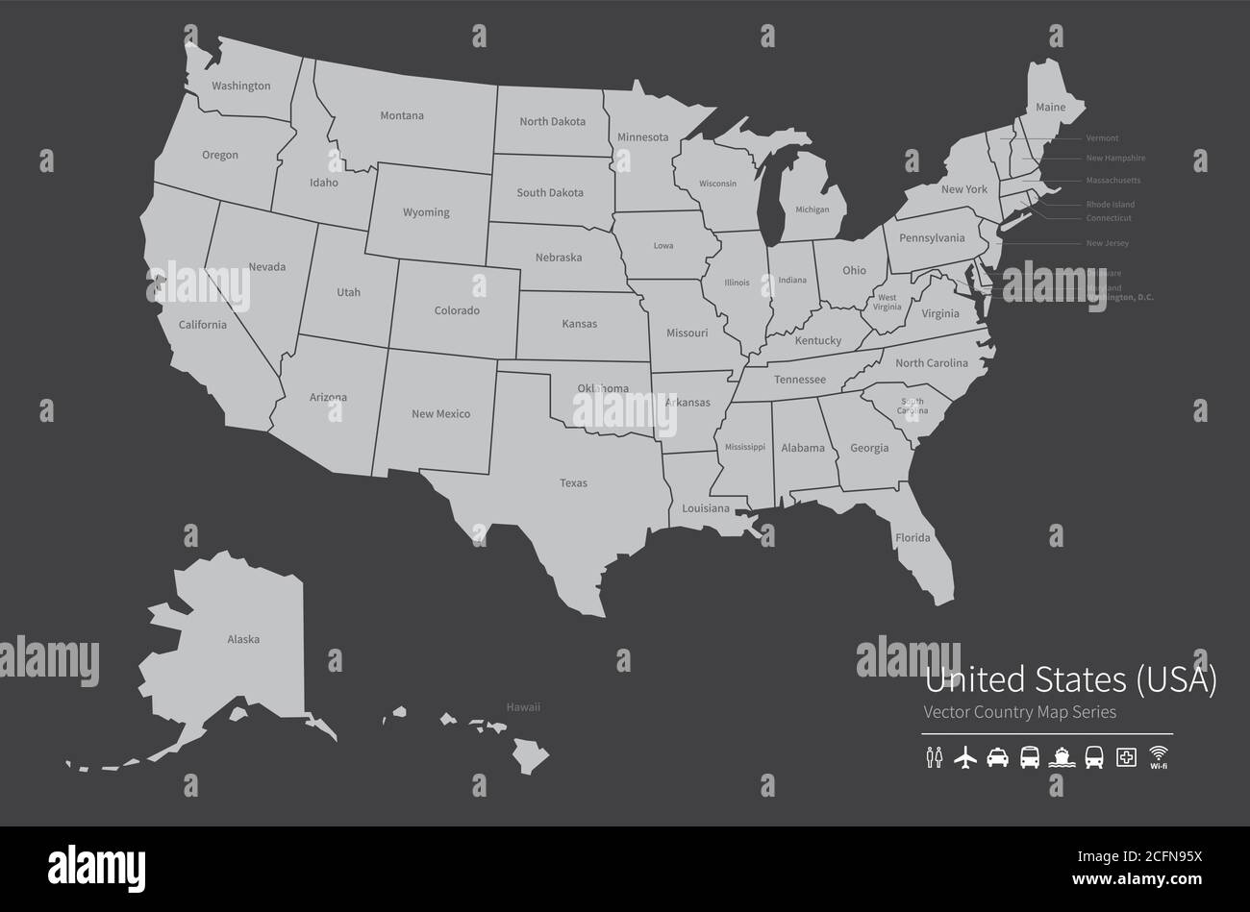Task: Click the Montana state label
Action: [401, 116]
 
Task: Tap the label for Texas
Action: [573, 483]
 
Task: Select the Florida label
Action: [912, 538]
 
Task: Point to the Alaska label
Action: [243, 639]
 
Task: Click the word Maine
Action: [1050, 108]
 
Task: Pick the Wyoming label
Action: [426, 212]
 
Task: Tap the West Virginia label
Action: [887, 303]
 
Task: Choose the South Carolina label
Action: [912, 406]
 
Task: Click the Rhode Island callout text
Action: [1110, 205]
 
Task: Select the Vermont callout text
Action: [1102, 138]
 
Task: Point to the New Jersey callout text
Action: [1107, 244]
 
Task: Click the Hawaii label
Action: [523, 707]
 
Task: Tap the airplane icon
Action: [964, 757]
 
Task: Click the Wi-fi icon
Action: [1158, 756]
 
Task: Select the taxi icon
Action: [997, 757]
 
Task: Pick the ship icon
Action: [1062, 757]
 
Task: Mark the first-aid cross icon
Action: [1125, 757]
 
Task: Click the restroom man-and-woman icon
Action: [934, 758]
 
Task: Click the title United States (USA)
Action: [1069, 680]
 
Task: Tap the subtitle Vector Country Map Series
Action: [1019, 712]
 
